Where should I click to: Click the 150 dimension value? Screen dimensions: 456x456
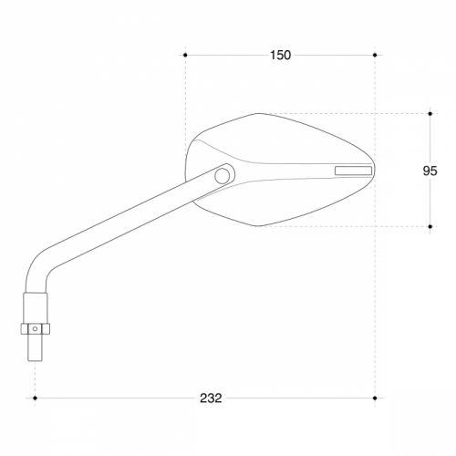pyautogui.click(x=280, y=55)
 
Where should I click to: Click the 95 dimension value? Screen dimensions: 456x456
pyautogui.click(x=430, y=171)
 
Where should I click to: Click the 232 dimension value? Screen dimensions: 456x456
pyautogui.click(x=211, y=398)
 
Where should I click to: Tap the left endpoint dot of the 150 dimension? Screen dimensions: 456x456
pyautogui.click(x=185, y=55)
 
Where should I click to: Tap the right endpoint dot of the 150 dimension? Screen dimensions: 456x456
pyautogui.click(x=375, y=55)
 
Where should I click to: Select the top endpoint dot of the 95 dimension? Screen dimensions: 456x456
pyautogui.click(x=430, y=114)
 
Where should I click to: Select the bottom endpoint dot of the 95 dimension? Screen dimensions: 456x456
pyautogui.click(x=430, y=226)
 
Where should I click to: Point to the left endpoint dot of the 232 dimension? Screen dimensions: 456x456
pyautogui.click(x=35, y=398)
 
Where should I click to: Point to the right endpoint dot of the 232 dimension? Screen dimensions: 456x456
pyautogui.click(x=375, y=398)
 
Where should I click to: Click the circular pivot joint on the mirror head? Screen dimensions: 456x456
pyautogui.click(x=223, y=176)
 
